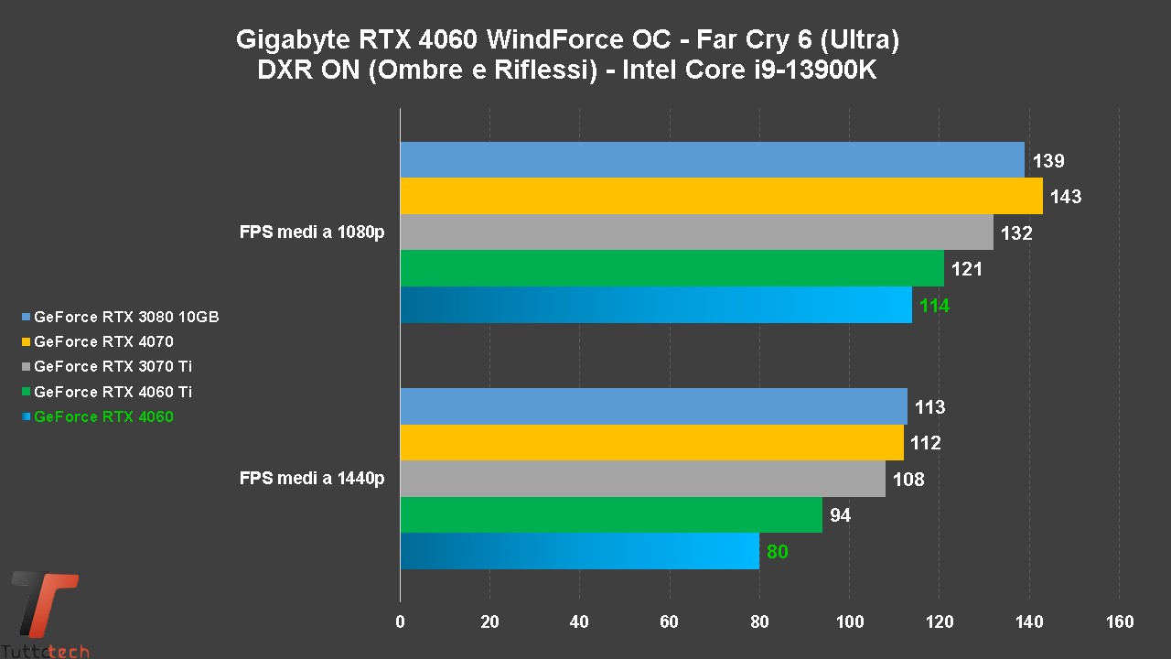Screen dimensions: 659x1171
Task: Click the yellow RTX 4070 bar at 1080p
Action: coord(721,196)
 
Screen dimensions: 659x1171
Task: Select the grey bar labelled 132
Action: coord(696,232)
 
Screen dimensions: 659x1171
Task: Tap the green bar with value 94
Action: coord(611,515)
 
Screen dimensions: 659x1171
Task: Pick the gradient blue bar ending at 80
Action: coord(579,551)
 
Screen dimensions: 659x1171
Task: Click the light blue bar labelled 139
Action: coord(712,160)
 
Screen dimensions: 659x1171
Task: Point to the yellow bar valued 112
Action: coord(651,443)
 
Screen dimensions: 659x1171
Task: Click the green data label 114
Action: coord(934,306)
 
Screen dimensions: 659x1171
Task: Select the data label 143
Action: coord(1066,197)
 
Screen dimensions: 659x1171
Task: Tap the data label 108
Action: coord(908,480)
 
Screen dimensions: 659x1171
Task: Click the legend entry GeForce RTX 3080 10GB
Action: coord(125,318)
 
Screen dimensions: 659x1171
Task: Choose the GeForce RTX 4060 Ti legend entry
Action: coord(113,392)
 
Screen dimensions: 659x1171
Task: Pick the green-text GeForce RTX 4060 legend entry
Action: coord(103,417)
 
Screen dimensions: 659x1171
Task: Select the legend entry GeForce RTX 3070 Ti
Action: coord(113,367)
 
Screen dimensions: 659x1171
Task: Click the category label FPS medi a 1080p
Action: coord(312,232)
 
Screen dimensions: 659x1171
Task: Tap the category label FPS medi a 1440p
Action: coord(312,478)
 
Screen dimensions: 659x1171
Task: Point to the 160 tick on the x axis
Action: coord(1119,622)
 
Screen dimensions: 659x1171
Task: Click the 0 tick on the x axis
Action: coord(400,622)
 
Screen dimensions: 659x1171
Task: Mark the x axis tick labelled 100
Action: coord(849,622)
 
